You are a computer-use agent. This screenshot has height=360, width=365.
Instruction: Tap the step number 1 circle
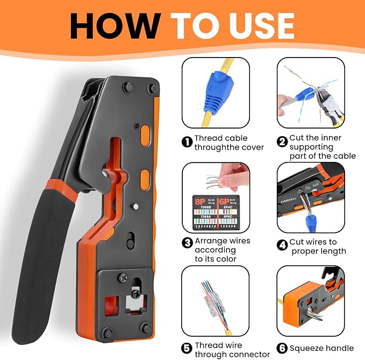[x=187, y=142]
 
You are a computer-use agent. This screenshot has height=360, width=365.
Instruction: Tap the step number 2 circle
[x=282, y=142]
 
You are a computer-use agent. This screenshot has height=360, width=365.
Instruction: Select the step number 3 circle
[x=187, y=243]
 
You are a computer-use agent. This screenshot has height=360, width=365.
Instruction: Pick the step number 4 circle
[x=282, y=245]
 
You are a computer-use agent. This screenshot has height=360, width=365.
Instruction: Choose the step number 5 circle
[x=187, y=348]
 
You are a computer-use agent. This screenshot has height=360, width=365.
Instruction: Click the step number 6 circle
[x=282, y=348]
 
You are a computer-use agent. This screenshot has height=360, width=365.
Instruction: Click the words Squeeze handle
[x=319, y=348]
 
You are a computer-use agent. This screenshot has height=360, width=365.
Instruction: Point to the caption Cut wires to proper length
[x=318, y=246]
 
